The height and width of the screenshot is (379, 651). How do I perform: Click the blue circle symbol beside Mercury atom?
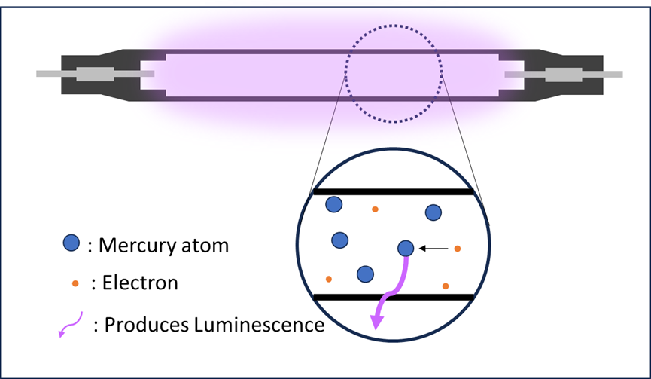click(71, 243)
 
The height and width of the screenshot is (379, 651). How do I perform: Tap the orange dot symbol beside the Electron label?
click(75, 283)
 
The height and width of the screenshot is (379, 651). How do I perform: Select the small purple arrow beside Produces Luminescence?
click(71, 325)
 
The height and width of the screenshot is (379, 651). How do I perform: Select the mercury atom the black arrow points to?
click(406, 248)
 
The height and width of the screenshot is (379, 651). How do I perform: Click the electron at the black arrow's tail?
click(457, 248)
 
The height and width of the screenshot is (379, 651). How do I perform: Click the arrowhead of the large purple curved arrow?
click(376, 322)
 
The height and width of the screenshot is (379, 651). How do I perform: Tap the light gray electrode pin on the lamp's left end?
click(56, 74)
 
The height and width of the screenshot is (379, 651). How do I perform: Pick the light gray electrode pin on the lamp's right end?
click(602, 74)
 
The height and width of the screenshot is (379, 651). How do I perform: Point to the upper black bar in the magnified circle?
click(393, 192)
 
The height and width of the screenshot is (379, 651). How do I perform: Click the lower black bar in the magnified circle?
click(393, 297)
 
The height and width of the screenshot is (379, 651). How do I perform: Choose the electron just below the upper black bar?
click(375, 209)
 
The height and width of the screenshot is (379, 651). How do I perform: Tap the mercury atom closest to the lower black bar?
click(366, 274)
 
